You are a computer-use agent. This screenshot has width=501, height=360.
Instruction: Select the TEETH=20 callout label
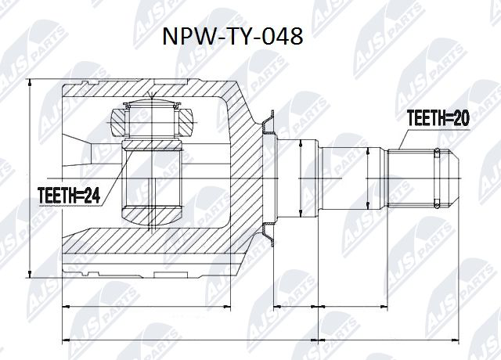[437, 119]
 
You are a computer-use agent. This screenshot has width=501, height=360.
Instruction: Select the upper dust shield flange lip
[269, 121]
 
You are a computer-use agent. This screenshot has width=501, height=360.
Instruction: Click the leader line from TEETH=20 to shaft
[398, 139]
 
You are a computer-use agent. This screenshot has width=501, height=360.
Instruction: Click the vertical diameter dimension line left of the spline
[367, 178]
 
